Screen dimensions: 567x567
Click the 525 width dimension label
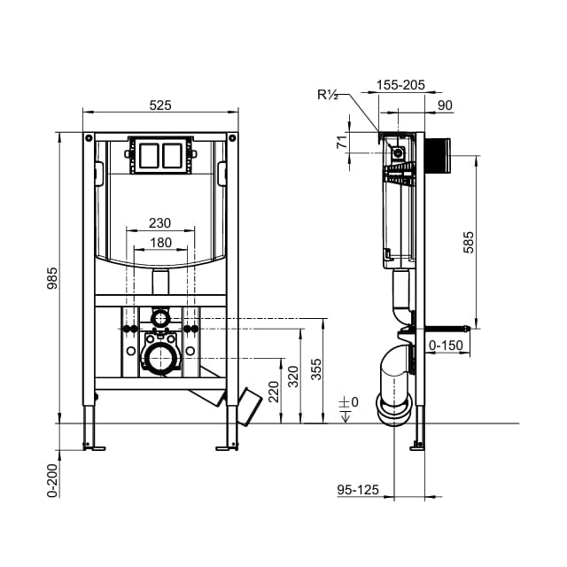160,105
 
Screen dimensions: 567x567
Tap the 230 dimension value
159,223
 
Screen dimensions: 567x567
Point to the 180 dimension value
159,243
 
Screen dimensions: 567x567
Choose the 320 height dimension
294,377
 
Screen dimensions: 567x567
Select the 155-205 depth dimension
400,85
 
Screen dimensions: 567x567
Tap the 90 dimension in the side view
445,105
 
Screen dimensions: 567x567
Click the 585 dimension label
470,244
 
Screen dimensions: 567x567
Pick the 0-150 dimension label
446,345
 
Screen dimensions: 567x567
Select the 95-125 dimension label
358,488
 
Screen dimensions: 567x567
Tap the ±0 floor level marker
349,403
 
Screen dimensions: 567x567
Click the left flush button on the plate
148,155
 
